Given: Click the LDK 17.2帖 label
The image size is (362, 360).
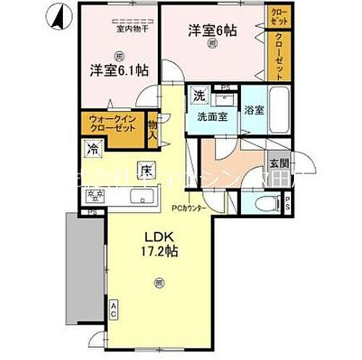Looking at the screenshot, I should (x=160, y=246).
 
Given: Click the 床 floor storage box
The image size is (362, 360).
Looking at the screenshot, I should (x=146, y=171).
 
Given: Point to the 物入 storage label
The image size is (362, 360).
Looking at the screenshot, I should (x=153, y=128).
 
